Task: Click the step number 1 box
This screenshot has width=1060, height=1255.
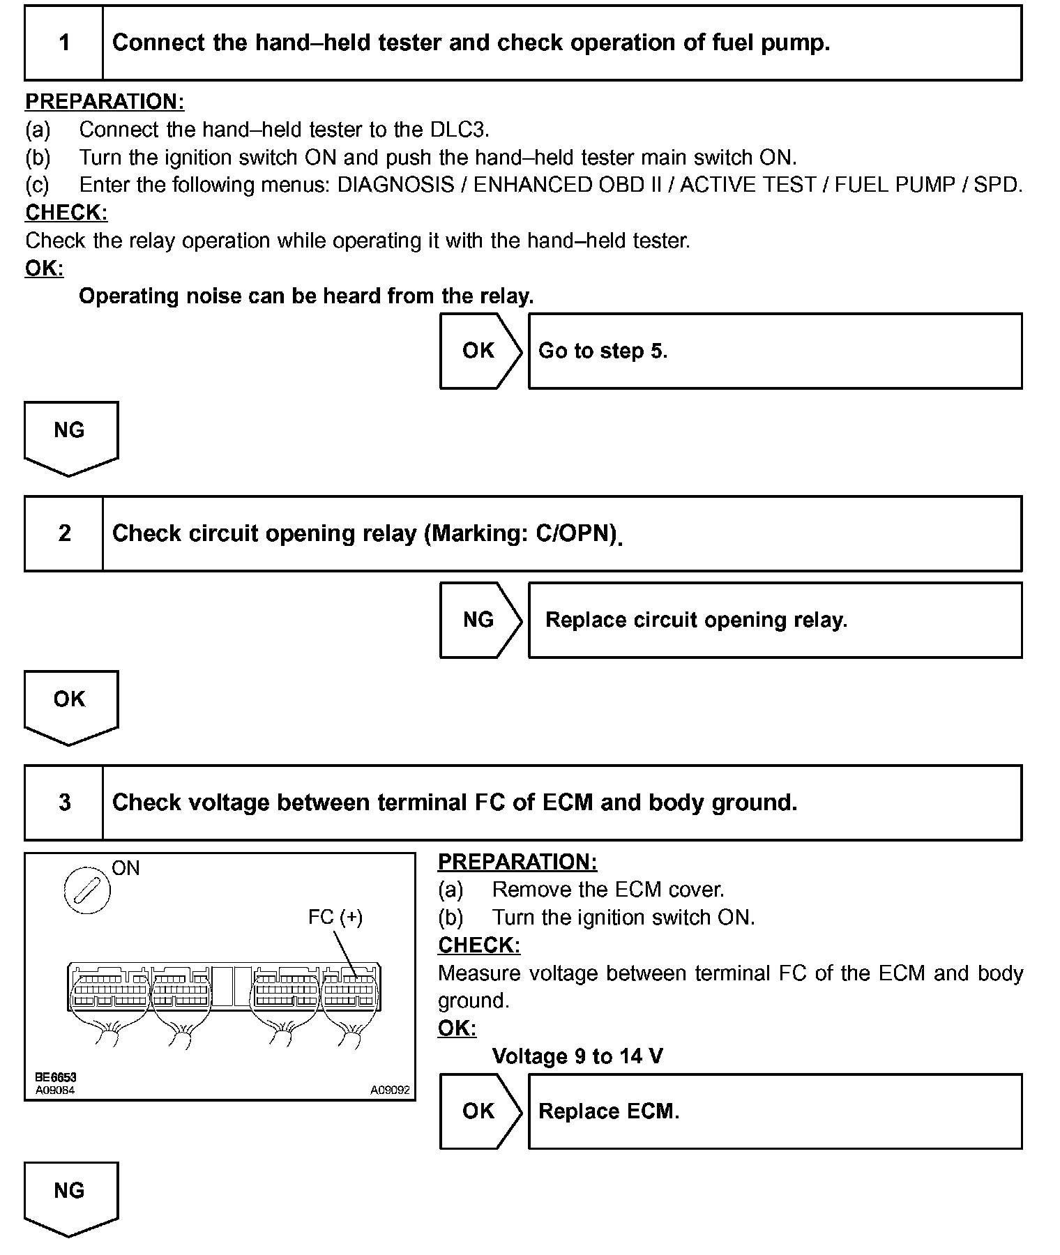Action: click(x=63, y=43)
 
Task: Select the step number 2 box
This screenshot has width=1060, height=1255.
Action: click(x=63, y=533)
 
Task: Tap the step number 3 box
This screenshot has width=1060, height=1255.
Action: click(x=63, y=803)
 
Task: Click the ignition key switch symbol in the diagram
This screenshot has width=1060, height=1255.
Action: click(x=87, y=890)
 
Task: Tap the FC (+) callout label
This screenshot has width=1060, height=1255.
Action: click(x=335, y=917)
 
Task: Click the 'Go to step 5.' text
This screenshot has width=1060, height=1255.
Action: click(x=603, y=351)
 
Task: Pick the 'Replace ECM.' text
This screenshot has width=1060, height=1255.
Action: click(x=609, y=1111)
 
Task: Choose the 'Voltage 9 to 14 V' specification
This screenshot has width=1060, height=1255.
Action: click(x=577, y=1056)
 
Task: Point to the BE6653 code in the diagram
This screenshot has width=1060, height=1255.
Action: click(x=56, y=1077)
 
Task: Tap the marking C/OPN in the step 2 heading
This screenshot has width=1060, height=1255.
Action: click(x=575, y=533)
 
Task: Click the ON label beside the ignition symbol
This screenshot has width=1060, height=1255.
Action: click(x=126, y=868)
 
